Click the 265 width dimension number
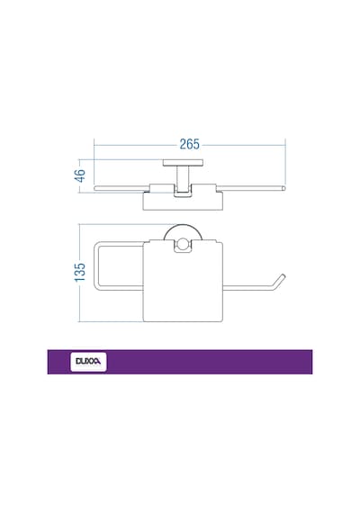pyautogui.click(x=190, y=144)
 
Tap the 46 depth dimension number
pyautogui.click(x=80, y=175)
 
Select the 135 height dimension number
pyautogui.click(x=80, y=272)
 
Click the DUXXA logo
pyautogui.click(x=88, y=362)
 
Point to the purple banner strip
pyautogui.click(x=180, y=362)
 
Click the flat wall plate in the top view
pyautogui.click(x=183, y=162)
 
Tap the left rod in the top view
pyautogui.click(x=121, y=188)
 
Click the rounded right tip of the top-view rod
pyautogui.click(x=283, y=188)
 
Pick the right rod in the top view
pyautogui.click(x=251, y=188)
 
